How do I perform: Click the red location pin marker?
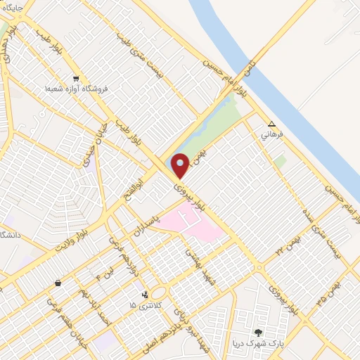[x=181, y=165]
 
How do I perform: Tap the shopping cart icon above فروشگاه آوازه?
[x=75, y=79]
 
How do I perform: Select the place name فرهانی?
[x=271, y=132]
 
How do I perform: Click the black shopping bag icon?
[x=57, y=283]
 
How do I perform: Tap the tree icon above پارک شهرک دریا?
[x=259, y=332]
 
